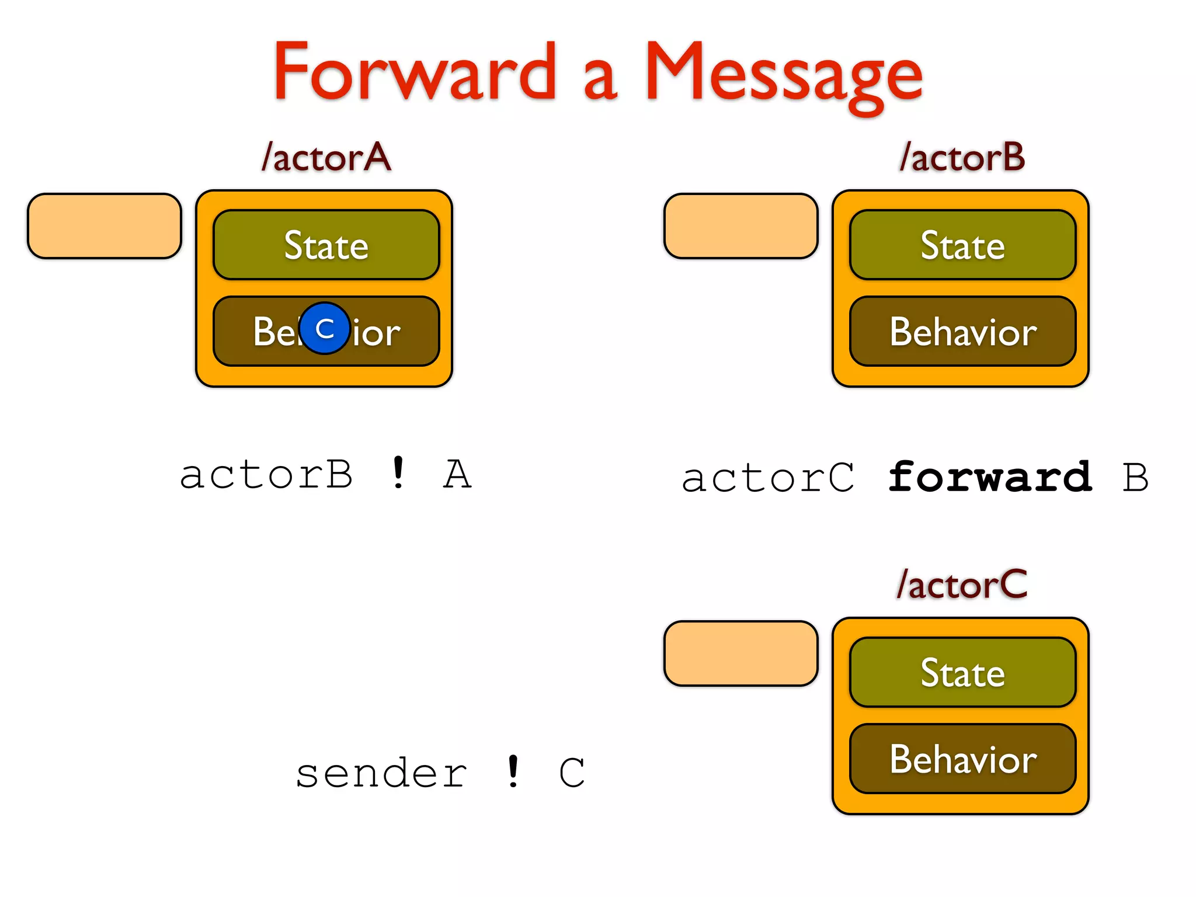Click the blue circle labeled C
click(325, 328)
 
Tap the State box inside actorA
click(326, 245)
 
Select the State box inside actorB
click(962, 245)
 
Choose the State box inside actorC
click(962, 672)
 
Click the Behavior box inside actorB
click(962, 331)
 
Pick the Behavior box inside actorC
click(962, 759)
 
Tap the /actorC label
click(962, 585)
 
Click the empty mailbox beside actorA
click(105, 226)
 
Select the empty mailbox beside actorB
click(740, 226)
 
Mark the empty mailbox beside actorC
click(740, 653)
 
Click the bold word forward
click(989, 477)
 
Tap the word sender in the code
click(381, 774)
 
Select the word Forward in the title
click(415, 73)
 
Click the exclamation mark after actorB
click(398, 473)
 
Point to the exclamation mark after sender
click(513, 772)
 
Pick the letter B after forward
click(1135, 478)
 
